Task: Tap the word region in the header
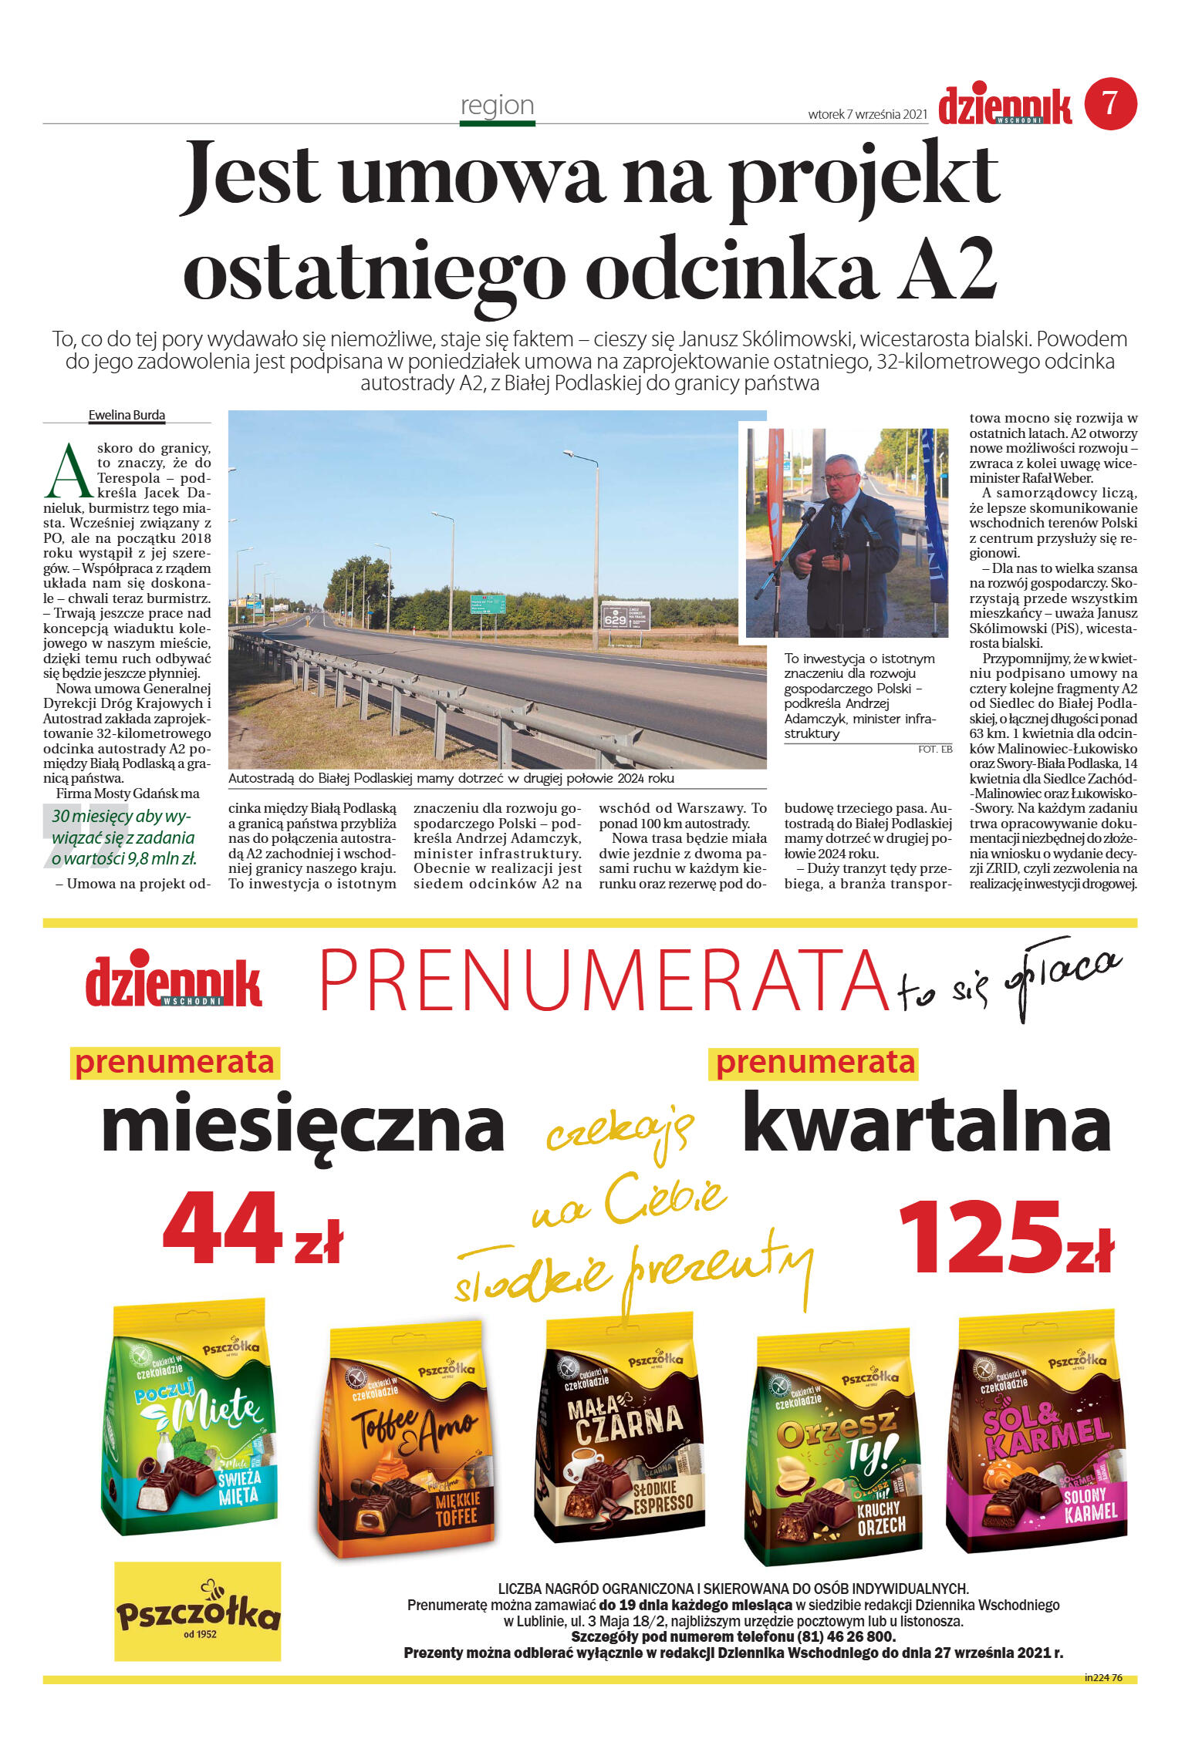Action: [x=497, y=105]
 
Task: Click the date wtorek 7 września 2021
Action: [x=867, y=114]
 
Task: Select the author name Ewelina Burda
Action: [x=127, y=415]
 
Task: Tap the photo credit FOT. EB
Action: [x=935, y=749]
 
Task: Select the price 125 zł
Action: [x=1006, y=1237]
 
